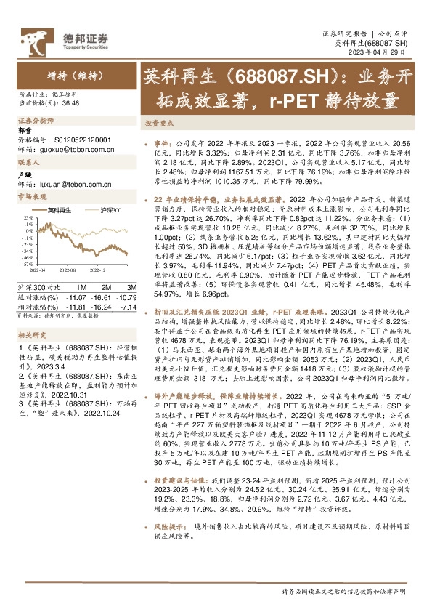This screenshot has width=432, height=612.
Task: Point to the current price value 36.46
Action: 71,104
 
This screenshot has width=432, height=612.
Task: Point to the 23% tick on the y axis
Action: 27,217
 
